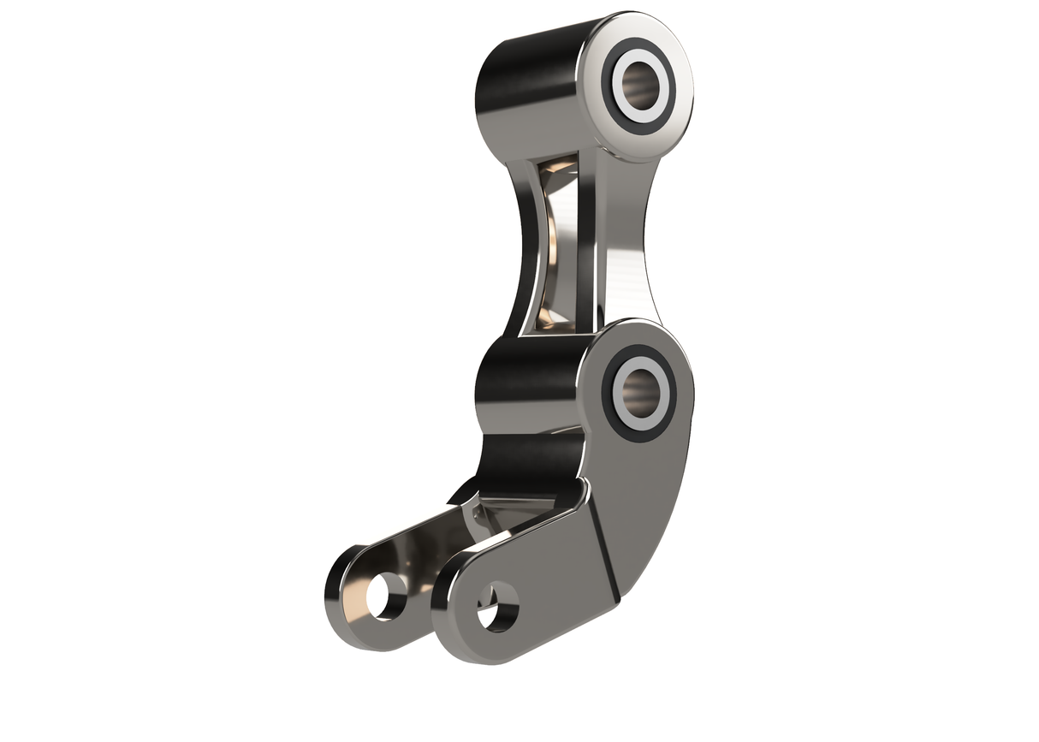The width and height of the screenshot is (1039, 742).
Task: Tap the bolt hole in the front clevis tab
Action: coord(497,606)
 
